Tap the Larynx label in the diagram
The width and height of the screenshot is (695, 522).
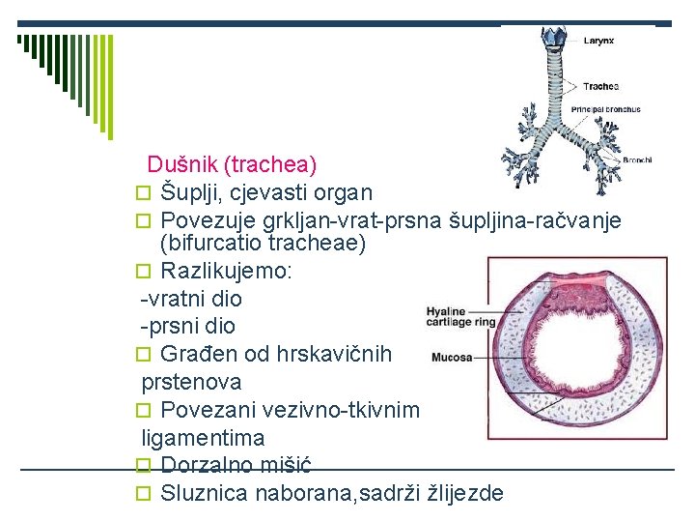(x=598, y=41)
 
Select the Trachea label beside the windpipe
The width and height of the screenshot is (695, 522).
(x=600, y=86)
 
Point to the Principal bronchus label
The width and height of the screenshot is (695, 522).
(x=605, y=110)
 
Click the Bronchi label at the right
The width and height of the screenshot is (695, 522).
(x=637, y=159)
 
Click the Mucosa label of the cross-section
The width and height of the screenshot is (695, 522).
(x=451, y=357)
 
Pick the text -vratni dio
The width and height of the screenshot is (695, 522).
(x=191, y=299)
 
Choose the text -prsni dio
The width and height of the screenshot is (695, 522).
(x=188, y=327)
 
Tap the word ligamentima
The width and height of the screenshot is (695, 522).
(x=203, y=438)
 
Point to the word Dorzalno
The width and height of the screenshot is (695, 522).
(x=208, y=465)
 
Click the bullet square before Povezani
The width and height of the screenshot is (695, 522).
(x=148, y=411)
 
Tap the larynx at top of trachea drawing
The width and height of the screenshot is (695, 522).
(x=553, y=37)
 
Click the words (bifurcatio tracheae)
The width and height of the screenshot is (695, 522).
(x=263, y=244)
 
